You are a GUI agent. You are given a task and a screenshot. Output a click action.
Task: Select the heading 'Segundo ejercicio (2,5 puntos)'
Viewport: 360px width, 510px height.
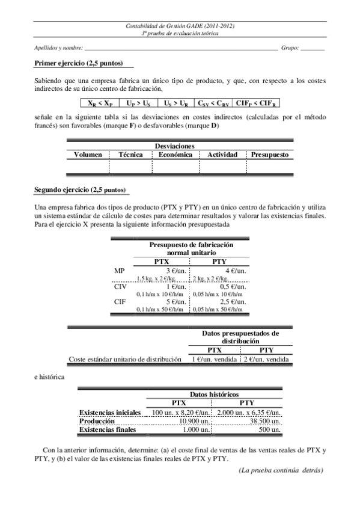pyautogui.click(x=81, y=191)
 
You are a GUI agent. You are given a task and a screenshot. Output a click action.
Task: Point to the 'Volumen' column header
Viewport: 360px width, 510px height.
pyautogui.click(x=88, y=155)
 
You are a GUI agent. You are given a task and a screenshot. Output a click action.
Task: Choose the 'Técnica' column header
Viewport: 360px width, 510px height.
pyautogui.click(x=130, y=155)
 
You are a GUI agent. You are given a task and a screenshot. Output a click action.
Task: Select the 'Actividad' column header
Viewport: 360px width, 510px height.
pyautogui.click(x=222, y=155)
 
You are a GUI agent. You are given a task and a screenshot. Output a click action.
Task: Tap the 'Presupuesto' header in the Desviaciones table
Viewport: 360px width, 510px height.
pyautogui.click(x=270, y=155)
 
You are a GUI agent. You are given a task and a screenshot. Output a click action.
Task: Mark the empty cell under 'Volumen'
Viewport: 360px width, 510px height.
pyautogui.click(x=88, y=167)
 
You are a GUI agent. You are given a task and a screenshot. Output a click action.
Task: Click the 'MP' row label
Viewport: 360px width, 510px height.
pyautogui.click(x=120, y=271)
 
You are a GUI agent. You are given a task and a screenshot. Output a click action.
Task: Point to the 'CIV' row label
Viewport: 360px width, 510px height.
pyautogui.click(x=120, y=286)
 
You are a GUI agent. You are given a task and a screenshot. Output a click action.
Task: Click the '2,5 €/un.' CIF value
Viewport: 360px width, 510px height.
pyautogui.click(x=231, y=301)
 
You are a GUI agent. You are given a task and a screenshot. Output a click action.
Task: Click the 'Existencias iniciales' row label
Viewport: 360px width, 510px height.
pyautogui.click(x=110, y=413)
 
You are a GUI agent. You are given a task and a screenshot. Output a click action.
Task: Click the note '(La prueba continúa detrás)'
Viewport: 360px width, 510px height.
pyautogui.click(x=281, y=469)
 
